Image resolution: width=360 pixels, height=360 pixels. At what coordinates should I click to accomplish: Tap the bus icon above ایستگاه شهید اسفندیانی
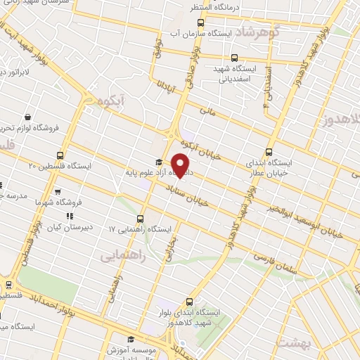tap(235, 59)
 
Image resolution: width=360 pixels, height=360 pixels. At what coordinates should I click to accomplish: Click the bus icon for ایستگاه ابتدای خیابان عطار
tap(269, 152)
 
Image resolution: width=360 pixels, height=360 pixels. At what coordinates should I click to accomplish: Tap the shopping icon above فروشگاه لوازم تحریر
tap(27, 117)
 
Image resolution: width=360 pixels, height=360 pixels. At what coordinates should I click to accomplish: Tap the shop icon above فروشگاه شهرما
tap(58, 191)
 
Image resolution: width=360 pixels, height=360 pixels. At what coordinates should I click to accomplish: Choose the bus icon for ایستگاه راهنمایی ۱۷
tap(141, 219)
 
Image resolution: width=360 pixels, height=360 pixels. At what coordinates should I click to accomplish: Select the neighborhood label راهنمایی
tap(123, 257)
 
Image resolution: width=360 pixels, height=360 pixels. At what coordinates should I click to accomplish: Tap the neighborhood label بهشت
tap(292, 342)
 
